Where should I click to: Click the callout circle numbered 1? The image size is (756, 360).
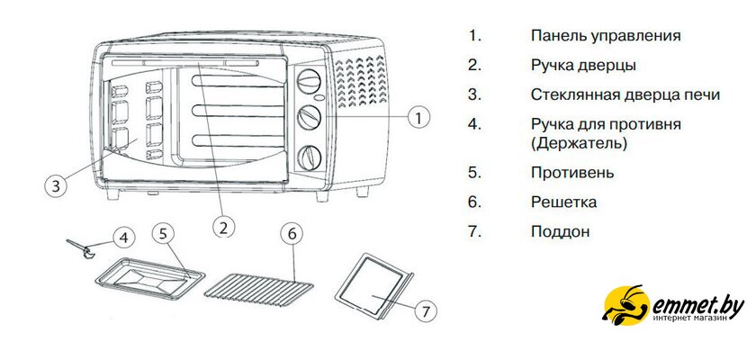point(418,117)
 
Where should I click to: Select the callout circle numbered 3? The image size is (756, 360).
point(56,186)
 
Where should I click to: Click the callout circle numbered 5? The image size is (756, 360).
point(162,233)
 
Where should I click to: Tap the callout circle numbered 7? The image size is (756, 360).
point(427,310)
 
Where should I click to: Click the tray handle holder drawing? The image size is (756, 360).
point(83,247)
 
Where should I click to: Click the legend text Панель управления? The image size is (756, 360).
point(605,36)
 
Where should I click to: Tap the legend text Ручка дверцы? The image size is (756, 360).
point(583,65)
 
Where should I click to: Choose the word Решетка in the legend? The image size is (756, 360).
point(563,202)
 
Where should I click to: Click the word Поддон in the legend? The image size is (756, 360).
point(560,231)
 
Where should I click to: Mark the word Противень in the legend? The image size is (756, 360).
point(572,172)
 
